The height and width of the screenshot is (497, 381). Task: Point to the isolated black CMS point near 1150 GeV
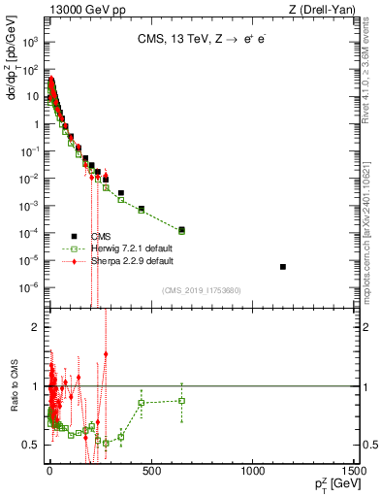point(282,266)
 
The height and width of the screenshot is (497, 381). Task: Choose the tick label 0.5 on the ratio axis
point(31,445)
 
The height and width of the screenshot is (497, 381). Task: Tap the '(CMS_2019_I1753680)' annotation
point(202,288)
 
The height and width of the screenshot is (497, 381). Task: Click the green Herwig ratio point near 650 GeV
point(181,400)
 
